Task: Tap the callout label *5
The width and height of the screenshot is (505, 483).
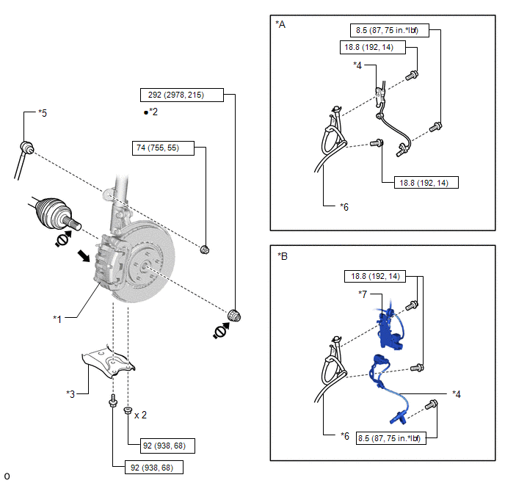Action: point(43,114)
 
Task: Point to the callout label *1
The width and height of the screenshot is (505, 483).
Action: point(58,319)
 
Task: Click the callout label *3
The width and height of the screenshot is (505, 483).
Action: point(71,393)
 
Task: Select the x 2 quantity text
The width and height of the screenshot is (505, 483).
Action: point(140,415)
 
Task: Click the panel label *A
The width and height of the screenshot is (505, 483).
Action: point(280,24)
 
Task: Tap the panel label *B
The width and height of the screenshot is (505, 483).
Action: point(283,256)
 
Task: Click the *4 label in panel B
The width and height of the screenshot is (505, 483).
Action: point(457,393)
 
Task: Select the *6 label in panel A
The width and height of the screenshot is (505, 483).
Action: point(344,207)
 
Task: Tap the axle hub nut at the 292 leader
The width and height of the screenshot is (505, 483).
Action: point(236,316)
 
